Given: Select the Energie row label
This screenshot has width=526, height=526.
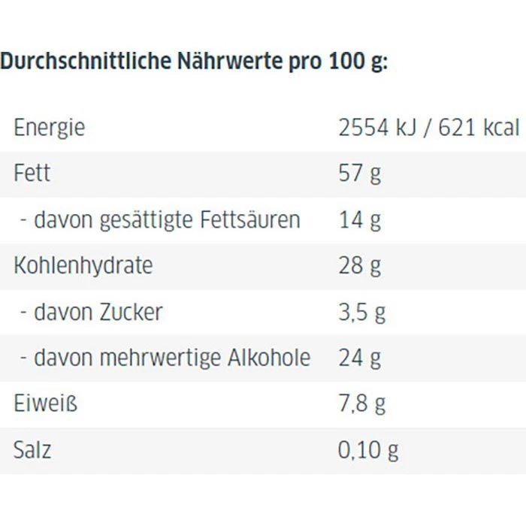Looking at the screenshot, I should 49,128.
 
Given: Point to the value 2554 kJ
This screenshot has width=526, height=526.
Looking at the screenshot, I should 372,128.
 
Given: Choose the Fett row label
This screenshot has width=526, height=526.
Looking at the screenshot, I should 32,174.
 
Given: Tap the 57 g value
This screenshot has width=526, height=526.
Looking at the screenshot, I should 360,174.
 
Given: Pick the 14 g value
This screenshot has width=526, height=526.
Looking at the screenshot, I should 360,220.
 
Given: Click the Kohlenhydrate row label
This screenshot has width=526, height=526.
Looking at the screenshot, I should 83,265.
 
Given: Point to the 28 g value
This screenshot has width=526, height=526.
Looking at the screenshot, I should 360,265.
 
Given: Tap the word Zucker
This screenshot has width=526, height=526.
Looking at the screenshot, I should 131,312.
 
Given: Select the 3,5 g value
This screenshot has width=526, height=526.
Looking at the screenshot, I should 362,312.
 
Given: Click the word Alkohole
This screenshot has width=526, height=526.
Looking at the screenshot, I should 268,358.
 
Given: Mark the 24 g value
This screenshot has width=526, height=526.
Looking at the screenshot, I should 360,358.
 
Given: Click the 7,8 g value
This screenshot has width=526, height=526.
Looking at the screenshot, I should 362,404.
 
